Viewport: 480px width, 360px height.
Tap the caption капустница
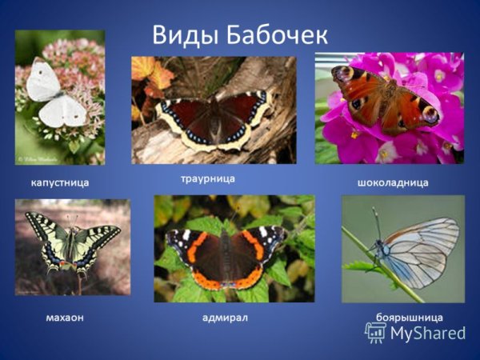pyautogui.click(x=59, y=183)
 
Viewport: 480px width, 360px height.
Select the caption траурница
pyautogui.click(x=206, y=178)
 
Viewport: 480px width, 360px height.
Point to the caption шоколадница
pyautogui.click(x=392, y=183)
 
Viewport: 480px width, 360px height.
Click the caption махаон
pyautogui.click(x=64, y=318)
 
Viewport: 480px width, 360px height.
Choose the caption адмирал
pyautogui.click(x=225, y=318)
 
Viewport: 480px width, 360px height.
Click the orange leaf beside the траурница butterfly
pyautogui.click(x=151, y=74)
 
